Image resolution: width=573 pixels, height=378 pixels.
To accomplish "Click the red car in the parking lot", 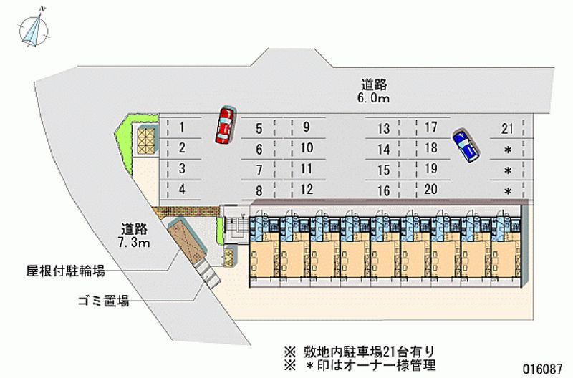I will tap(225, 125).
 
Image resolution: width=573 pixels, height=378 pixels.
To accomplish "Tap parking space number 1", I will tap(183, 128).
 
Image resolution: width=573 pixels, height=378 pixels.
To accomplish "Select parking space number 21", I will tap(508, 129).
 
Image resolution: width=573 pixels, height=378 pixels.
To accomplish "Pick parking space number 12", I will tap(307, 190).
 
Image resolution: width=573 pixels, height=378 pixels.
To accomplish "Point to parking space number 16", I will tap(384, 190).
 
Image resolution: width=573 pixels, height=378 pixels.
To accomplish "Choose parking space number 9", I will tap(306, 128).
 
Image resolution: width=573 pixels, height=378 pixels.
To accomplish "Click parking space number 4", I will tap(183, 190).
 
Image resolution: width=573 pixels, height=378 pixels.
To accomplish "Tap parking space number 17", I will tap(430, 128).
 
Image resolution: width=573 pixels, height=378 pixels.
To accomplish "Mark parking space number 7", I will tap(259, 170).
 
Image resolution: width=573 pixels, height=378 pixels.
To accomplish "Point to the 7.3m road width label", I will tap(135, 243).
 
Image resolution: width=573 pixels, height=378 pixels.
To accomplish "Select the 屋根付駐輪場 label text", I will tap(66, 271).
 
